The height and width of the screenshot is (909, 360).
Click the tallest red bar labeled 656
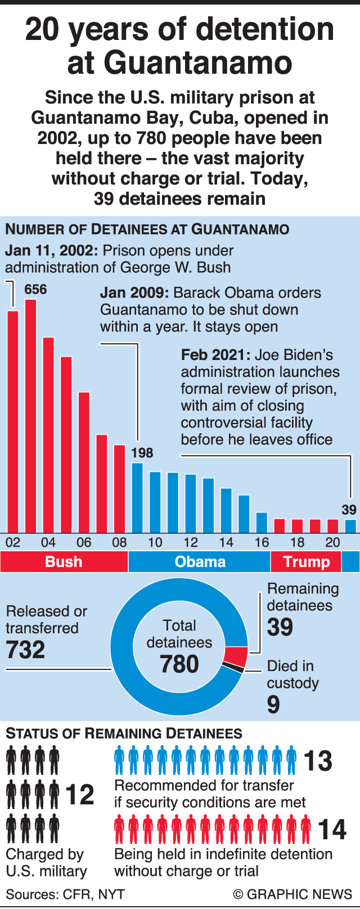[30, 416]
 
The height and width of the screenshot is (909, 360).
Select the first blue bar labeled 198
[137, 497]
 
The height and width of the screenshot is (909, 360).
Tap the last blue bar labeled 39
[350, 526]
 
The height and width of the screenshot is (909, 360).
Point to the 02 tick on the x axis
[12, 542]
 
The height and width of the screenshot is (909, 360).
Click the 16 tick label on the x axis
[262, 542]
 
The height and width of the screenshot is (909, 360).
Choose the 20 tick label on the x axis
[333, 542]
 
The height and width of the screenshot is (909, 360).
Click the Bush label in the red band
[64, 562]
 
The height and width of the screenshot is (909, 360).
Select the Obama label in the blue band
[200, 562]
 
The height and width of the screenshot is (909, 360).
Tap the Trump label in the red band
[307, 562]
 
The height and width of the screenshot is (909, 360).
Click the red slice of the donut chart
[236, 656]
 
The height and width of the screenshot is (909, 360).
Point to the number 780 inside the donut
[179, 664]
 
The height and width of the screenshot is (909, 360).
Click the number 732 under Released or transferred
[25, 650]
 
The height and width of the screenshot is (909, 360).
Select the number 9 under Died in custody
[273, 704]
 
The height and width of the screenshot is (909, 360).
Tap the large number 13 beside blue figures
[318, 761]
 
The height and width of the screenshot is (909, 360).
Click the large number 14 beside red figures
[332, 830]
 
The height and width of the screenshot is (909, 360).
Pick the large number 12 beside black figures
[80, 795]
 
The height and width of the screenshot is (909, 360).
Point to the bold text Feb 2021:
[215, 355]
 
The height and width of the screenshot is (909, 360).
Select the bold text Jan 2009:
[134, 292]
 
